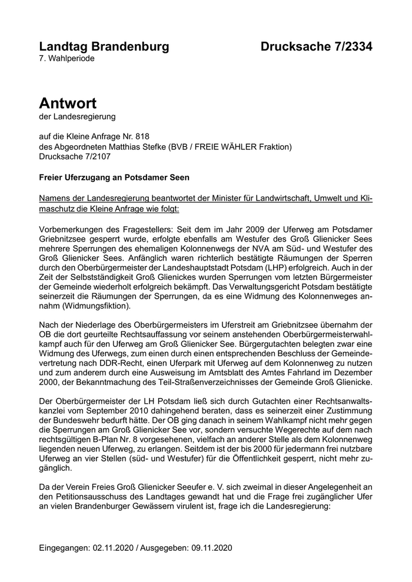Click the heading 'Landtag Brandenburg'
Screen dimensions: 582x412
click(104, 46)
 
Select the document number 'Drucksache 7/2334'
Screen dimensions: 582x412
click(317, 46)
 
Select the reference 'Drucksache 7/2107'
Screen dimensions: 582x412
click(74, 157)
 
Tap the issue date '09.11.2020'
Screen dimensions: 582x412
click(211, 548)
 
